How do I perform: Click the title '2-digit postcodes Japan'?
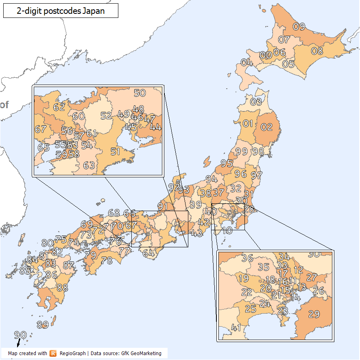tap(61, 11)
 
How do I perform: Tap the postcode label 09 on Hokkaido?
tap(299, 27)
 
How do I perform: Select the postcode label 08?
tap(317, 51)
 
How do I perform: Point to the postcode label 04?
tap(247, 63)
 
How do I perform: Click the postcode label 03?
tap(256, 102)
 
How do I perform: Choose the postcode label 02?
tap(266, 127)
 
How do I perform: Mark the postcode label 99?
tap(242, 151)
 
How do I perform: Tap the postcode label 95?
tap(227, 163)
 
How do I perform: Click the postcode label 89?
tap(43, 325)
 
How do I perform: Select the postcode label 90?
tap(20, 335)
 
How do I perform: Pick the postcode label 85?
tap(25, 270)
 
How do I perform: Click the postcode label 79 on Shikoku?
tap(90, 255)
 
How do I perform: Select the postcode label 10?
tap(227, 231)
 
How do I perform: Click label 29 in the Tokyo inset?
tap(314, 314)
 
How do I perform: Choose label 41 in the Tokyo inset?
tap(236, 327)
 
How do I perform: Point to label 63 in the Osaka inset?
tap(89, 165)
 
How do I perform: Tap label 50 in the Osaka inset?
tap(140, 93)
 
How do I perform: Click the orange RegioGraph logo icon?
tap(53, 353)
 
